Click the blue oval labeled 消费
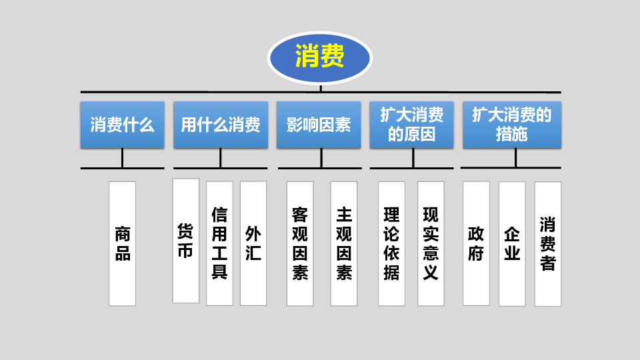coord(319,57)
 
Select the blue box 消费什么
coord(122,125)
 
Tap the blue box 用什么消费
coord(221,125)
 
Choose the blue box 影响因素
coord(319,125)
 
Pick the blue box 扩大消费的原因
coord(411,125)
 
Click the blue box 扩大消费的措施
coord(512,125)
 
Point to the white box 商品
coord(122,243)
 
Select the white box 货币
coord(185,241)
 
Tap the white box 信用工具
coord(219,243)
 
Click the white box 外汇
coord(253,243)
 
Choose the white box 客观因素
coord(300,243)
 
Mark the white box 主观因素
coord(344,243)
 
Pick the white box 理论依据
coord(391,243)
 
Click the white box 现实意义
coord(431,243)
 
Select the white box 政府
coord(476,243)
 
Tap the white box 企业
coord(512,244)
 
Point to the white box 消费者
coord(548,244)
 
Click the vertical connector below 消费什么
coord(122,158)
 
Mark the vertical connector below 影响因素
coord(321,158)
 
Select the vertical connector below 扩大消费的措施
coord(515,158)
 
